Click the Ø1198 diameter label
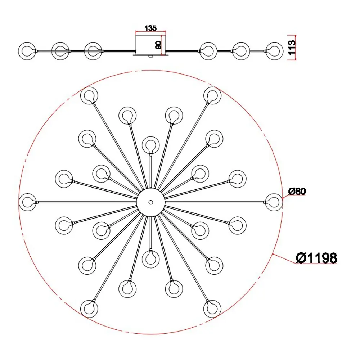coord(316,258)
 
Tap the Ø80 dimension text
coord(297,191)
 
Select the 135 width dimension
coord(150,28)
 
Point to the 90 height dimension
coord(158,45)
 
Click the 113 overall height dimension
coord(292,47)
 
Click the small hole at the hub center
coord(150,202)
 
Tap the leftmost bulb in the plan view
coord(27,202)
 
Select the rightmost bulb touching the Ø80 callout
coord(274,202)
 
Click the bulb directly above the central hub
coord(150,145)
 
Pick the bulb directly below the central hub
coord(150,259)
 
